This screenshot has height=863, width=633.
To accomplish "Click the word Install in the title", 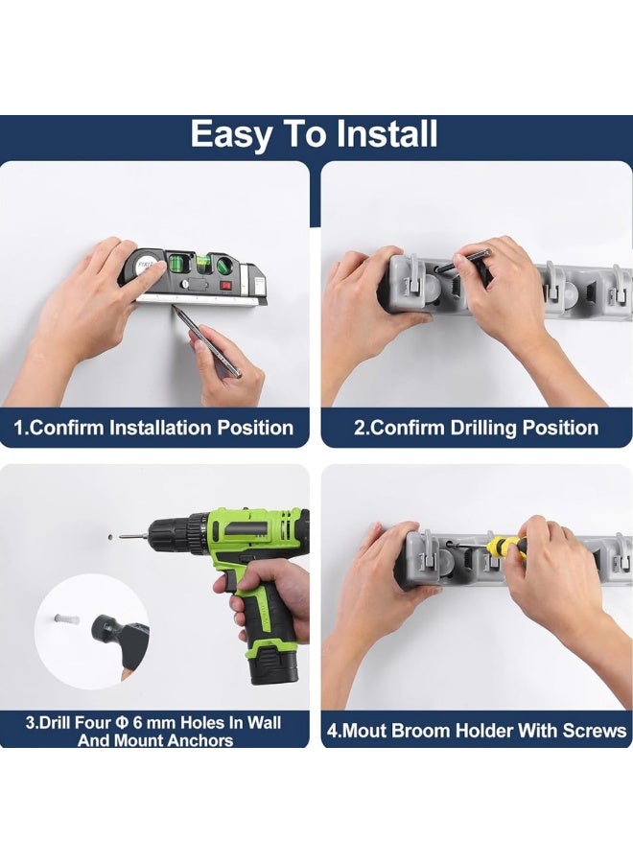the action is (387, 133).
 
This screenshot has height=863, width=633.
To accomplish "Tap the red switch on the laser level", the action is (225, 285).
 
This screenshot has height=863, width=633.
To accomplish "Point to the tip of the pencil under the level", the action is (175, 307).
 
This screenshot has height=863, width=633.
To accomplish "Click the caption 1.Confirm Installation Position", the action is (153, 428).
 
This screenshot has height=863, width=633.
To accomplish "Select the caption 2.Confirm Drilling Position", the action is (476, 428).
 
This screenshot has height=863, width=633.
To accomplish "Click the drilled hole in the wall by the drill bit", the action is (110, 535).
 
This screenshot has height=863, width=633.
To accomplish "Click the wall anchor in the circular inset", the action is (66, 619).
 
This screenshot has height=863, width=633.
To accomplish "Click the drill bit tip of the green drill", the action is (122, 534).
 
